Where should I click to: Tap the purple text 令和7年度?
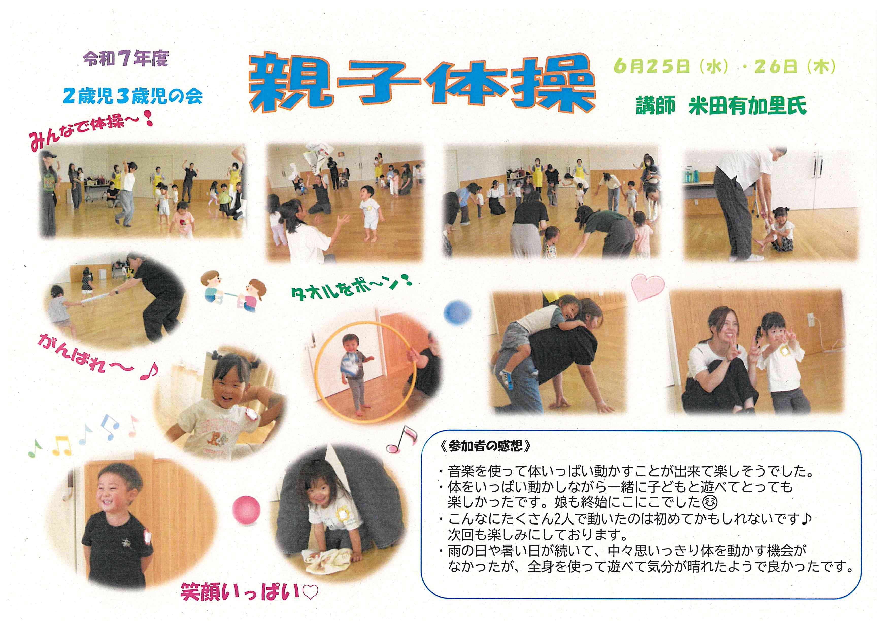point(126,59)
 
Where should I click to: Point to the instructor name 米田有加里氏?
point(747,105)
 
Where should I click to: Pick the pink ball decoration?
point(246,510)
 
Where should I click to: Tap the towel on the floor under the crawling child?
point(328,560)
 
